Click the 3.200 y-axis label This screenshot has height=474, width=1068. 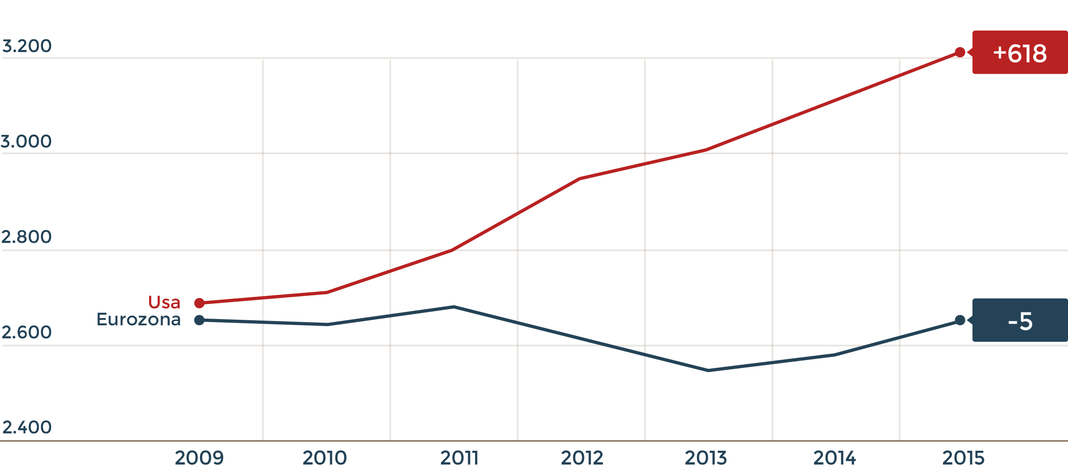tap(27, 46)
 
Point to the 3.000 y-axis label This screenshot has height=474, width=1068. tap(26, 142)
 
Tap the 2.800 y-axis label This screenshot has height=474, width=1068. tap(26, 237)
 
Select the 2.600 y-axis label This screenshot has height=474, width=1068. tap(26, 332)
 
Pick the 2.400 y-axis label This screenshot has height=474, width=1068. tap(26, 427)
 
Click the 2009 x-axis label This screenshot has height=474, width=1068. tap(199, 458)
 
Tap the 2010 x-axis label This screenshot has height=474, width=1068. tap(325, 458)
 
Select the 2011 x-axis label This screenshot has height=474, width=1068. tap(459, 458)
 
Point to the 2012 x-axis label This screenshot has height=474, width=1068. tap(582, 458)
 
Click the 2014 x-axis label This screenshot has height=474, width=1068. tap(835, 458)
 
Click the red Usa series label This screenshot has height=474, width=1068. tap(164, 302)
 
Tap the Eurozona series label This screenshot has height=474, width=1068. tap(138, 319)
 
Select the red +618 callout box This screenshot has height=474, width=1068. tap(1019, 53)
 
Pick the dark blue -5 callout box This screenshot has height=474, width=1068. tap(1019, 320)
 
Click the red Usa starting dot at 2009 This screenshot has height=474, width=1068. tap(200, 303)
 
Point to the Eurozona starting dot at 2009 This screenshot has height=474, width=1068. tap(200, 320)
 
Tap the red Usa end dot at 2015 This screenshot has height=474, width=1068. tap(960, 52)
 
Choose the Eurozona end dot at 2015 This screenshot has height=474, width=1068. tap(960, 320)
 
